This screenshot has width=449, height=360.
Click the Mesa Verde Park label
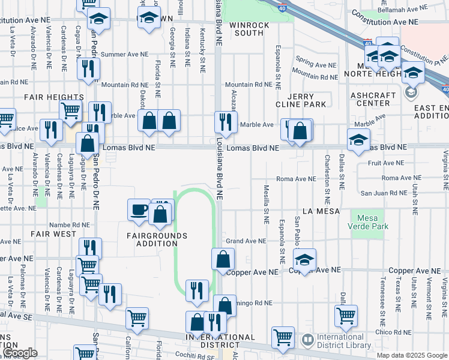[x=367, y=222]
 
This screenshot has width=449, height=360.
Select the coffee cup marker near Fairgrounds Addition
[x=139, y=210]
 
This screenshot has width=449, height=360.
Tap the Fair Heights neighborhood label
[x=53, y=97]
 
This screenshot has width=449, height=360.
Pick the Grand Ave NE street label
[x=246, y=241]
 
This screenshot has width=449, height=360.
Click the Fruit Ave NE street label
[x=386, y=163]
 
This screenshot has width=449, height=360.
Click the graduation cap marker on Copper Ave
[x=304, y=261]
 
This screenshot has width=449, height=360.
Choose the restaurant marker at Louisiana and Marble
[x=226, y=122]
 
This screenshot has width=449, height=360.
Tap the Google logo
[x=20, y=353]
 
